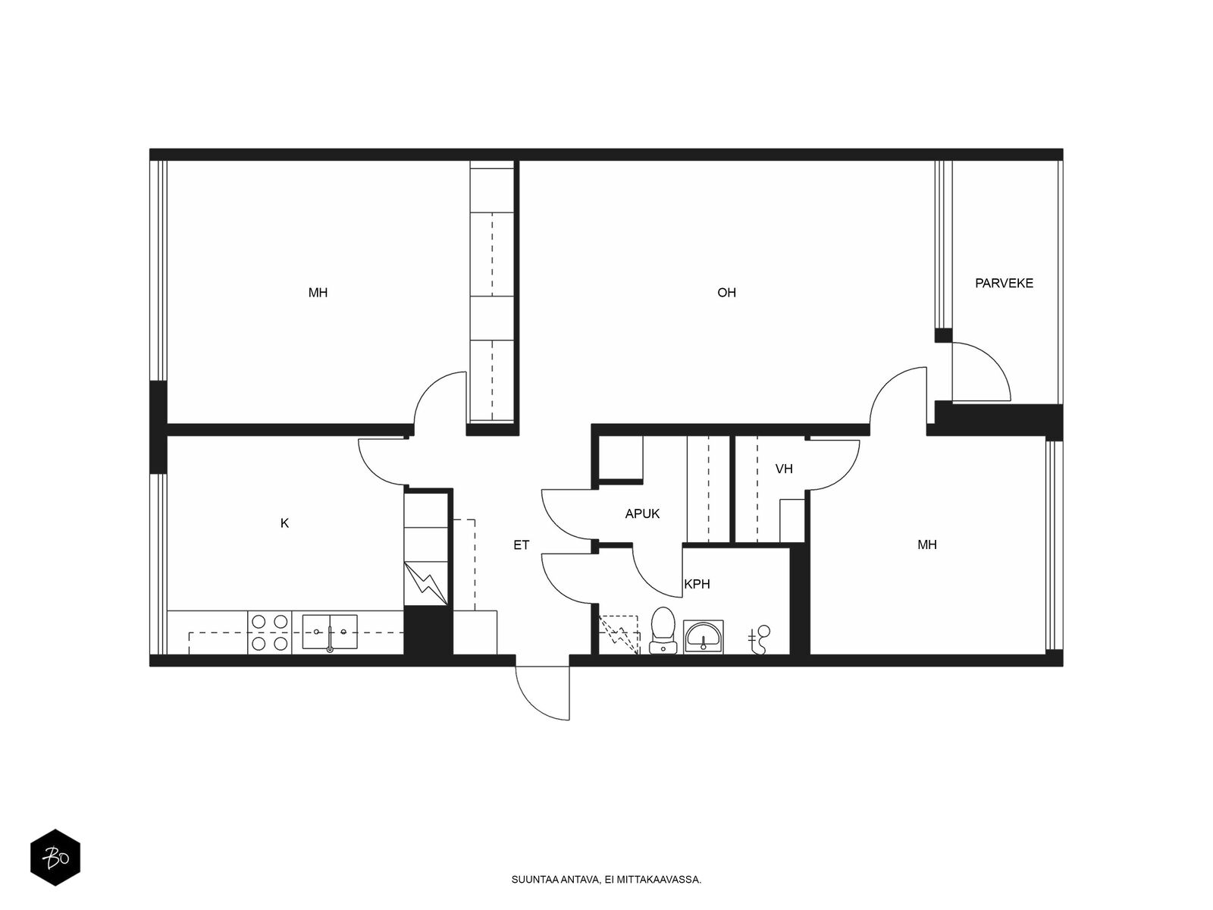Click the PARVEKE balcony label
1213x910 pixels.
click(1004, 284)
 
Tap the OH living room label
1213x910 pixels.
click(726, 293)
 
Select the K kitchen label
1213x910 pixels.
click(284, 523)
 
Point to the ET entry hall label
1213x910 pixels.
click(521, 545)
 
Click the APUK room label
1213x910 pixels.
click(642, 514)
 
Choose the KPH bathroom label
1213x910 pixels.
click(697, 584)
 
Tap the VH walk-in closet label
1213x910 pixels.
click(784, 469)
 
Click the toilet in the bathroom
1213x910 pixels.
click(663, 630)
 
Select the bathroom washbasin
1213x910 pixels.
click(703, 636)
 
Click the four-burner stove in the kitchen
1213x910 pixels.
click(270, 632)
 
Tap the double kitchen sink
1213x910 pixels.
click(329, 632)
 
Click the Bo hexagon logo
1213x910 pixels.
click(55, 858)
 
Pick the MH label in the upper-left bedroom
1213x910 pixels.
click(318, 293)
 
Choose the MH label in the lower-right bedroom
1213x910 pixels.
click(926, 544)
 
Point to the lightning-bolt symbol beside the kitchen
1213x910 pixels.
click(426, 583)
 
